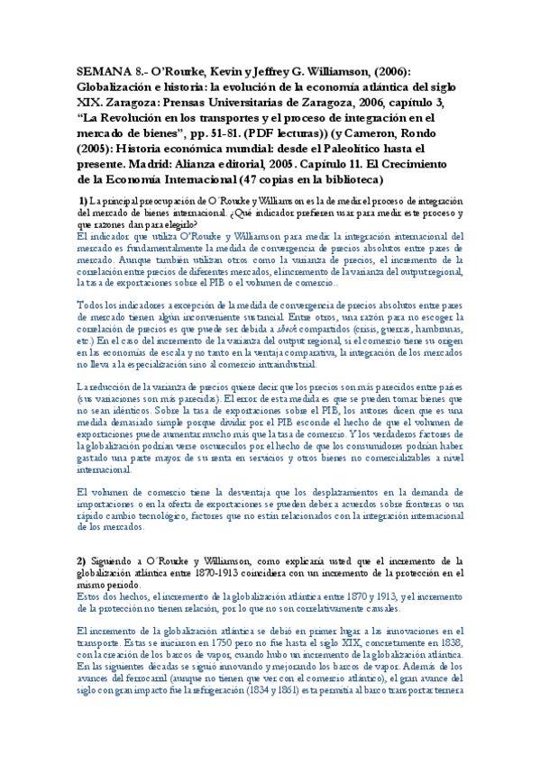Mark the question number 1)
point(83,200)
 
